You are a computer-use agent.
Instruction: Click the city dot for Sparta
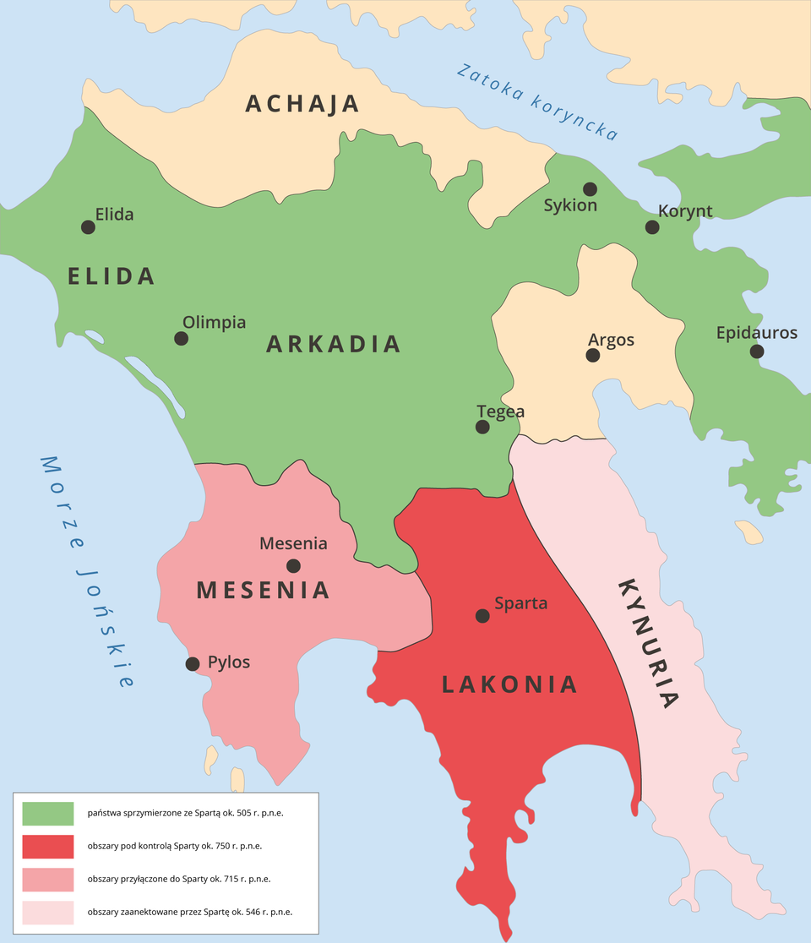(482, 616)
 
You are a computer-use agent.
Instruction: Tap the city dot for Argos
(593, 355)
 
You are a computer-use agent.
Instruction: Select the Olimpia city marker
(181, 338)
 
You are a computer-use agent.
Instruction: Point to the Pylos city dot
(193, 663)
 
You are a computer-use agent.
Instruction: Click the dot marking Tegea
(482, 427)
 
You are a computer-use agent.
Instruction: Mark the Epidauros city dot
(757, 351)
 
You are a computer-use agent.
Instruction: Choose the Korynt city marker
(652, 226)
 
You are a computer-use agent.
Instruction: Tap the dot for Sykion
(590, 188)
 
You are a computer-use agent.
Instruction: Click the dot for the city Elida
(88, 226)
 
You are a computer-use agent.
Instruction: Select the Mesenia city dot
(293, 565)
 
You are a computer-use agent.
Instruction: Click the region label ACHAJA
(302, 104)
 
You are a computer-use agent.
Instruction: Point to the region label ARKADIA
(333, 344)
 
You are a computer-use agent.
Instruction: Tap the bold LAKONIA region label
(509, 684)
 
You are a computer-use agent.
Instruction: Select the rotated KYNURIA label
(649, 642)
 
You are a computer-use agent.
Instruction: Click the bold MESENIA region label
(263, 590)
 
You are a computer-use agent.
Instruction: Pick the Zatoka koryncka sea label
(537, 101)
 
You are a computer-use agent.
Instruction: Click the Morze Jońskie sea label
(88, 571)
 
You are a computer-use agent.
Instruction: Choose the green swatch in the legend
(47, 813)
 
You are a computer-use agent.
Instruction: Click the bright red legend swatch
(47, 846)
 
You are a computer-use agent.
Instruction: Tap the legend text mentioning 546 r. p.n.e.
(189, 913)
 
